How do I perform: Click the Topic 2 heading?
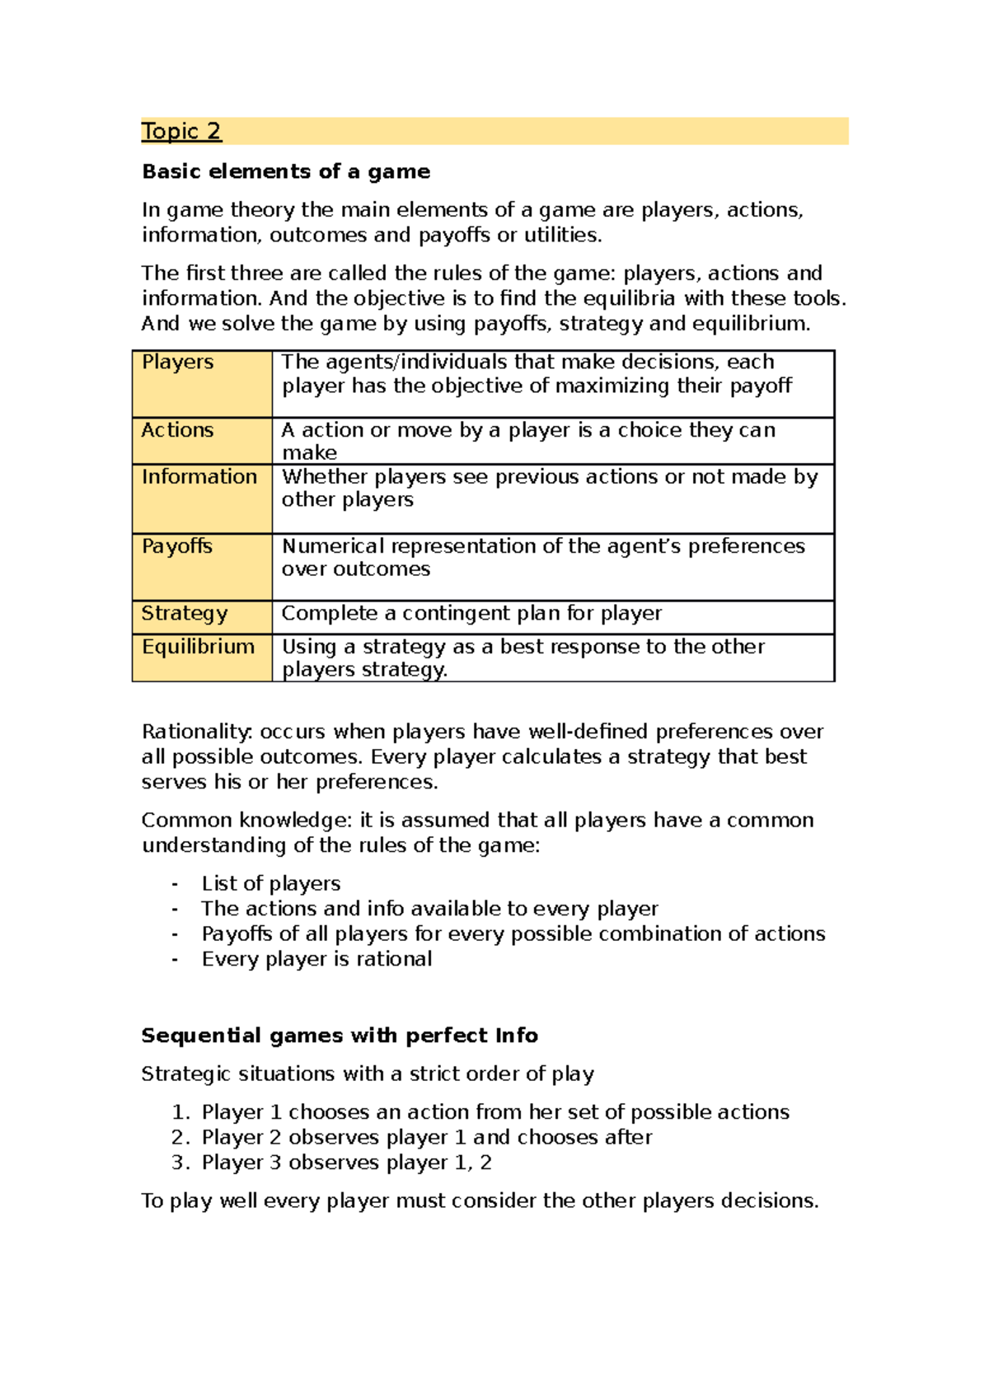click(181, 131)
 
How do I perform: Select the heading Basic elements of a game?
click(286, 171)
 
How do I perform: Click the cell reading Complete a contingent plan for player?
click(471, 614)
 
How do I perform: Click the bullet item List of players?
click(271, 884)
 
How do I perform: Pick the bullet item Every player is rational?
click(316, 959)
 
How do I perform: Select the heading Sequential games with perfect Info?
click(340, 1036)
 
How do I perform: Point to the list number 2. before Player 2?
click(180, 1138)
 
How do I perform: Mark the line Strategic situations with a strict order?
click(368, 1074)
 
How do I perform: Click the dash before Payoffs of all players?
click(175, 934)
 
